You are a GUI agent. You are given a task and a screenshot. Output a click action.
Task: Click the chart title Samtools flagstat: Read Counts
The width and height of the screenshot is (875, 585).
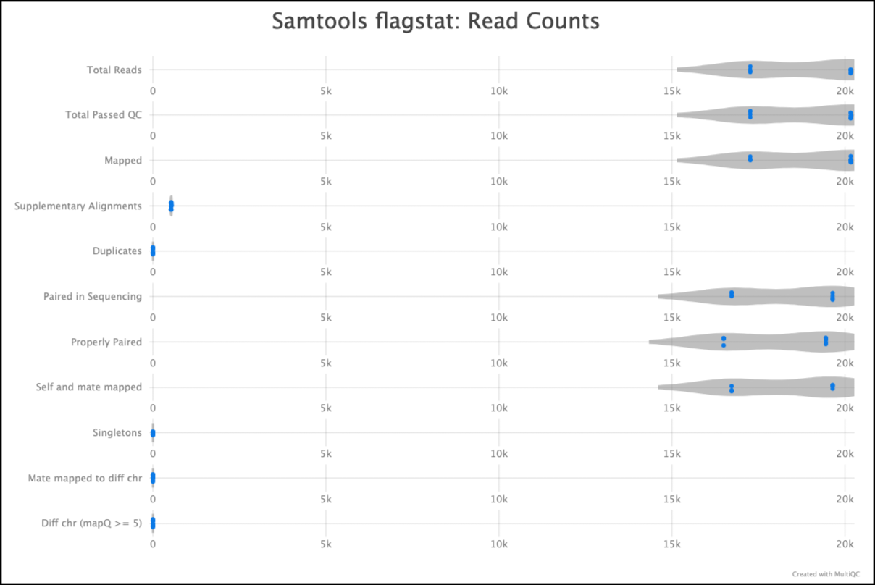[435, 21]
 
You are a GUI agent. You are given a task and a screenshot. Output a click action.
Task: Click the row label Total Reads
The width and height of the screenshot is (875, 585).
[114, 70]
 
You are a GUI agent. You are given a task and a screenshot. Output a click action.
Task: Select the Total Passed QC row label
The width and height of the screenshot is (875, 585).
[104, 115]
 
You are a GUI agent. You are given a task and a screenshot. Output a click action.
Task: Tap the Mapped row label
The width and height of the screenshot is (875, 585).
[123, 161]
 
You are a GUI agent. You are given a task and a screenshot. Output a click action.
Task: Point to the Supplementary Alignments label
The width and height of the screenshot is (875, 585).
[78, 206]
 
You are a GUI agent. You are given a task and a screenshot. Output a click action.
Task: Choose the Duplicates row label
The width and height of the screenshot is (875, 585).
[117, 251]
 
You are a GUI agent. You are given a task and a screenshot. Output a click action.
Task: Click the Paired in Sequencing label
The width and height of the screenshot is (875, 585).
[93, 297]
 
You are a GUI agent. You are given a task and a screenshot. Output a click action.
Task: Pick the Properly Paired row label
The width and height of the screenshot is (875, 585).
[106, 342]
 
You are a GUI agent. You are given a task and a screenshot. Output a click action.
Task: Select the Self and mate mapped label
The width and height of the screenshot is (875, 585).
[89, 387]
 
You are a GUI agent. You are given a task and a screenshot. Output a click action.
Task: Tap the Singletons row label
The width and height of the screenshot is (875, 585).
[117, 433]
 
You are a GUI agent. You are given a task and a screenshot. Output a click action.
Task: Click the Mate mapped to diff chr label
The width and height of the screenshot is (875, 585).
[85, 479]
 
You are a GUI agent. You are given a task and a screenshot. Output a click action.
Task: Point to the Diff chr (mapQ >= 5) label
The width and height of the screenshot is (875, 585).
[92, 523]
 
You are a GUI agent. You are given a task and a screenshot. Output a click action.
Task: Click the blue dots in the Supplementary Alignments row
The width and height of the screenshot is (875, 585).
[171, 206]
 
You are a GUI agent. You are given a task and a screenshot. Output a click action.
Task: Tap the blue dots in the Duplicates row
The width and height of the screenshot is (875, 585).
[153, 251]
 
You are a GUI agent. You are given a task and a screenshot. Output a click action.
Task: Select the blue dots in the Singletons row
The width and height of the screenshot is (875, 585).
[153, 433]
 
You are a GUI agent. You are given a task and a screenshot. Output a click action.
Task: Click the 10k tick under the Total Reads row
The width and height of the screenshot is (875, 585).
[498, 91]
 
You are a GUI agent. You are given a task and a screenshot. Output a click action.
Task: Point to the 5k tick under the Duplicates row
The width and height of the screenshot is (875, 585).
[326, 272]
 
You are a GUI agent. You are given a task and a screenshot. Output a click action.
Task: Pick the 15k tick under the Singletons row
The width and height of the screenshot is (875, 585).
[671, 454]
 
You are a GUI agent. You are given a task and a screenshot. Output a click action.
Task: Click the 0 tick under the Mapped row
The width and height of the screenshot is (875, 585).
[153, 181]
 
